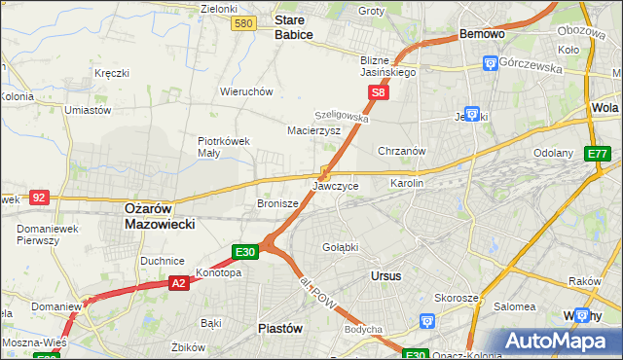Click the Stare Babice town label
(x=293, y=26)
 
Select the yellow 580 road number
(x=244, y=23)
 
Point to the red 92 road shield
(x=39, y=197)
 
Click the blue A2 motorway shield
(x=178, y=283)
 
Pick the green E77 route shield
(x=597, y=154)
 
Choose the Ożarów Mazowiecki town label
(x=161, y=215)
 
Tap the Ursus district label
(x=386, y=276)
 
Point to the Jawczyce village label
(x=336, y=186)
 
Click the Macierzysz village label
(x=313, y=129)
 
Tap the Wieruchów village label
(x=246, y=91)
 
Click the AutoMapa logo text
(x=564, y=341)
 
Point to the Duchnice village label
(x=163, y=261)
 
